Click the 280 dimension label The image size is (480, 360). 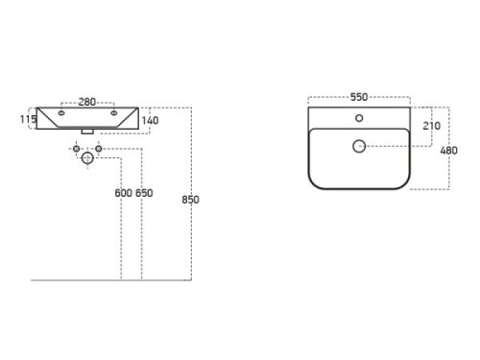(87, 102)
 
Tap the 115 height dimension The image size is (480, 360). (28, 119)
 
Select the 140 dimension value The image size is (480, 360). (150, 121)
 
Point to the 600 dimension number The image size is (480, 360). (124, 193)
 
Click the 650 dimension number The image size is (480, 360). (144, 193)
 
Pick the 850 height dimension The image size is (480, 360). (191, 200)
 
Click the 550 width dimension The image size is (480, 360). (359, 97)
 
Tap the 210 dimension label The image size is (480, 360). (432, 126)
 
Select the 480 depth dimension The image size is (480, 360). (448, 151)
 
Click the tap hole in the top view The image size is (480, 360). (359, 118)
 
